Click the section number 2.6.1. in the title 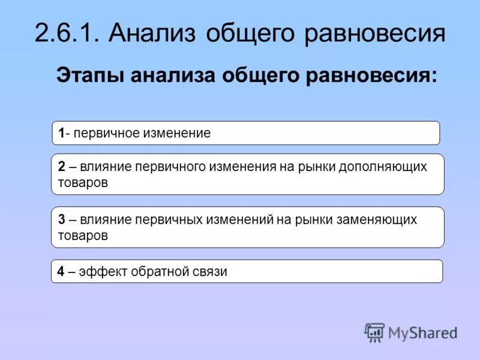(67, 32)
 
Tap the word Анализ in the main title (153, 32)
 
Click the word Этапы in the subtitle (90, 77)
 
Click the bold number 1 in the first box (61, 133)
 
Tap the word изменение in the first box (176, 133)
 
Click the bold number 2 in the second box (61, 167)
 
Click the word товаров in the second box (83, 182)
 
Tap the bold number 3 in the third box (61, 220)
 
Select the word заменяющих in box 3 (380, 220)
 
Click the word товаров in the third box (83, 235)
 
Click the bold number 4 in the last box (61, 272)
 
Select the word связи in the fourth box (210, 272)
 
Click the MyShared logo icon (374, 332)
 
